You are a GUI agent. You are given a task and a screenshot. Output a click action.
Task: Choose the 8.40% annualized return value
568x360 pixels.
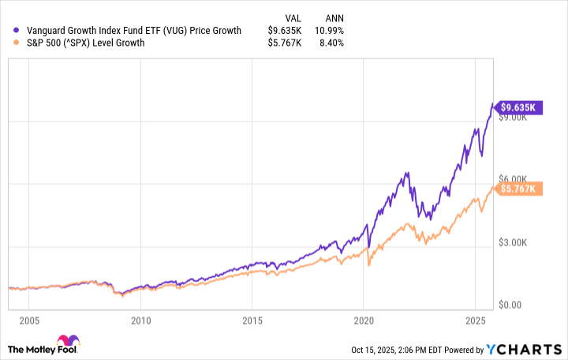coord(331,43)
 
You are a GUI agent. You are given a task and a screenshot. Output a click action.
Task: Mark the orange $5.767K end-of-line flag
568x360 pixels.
coord(517,188)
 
